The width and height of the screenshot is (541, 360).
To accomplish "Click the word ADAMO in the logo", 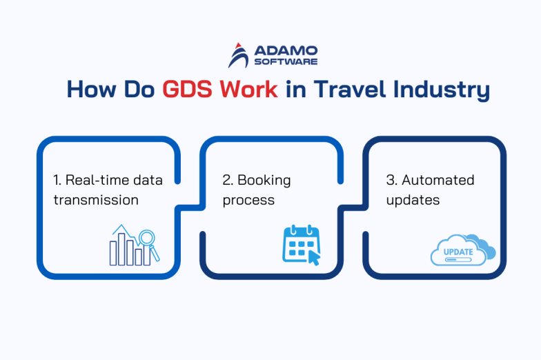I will (286, 50).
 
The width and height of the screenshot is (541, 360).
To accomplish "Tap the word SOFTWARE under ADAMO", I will (286, 61).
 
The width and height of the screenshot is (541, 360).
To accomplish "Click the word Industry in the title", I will (442, 91).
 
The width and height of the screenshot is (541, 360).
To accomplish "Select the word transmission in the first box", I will (96, 200).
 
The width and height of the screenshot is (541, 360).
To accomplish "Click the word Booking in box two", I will (264, 180).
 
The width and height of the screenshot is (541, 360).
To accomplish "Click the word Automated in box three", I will (438, 180).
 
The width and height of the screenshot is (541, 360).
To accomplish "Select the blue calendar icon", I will (299, 243).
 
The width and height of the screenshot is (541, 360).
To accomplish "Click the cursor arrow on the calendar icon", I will (314, 258).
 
